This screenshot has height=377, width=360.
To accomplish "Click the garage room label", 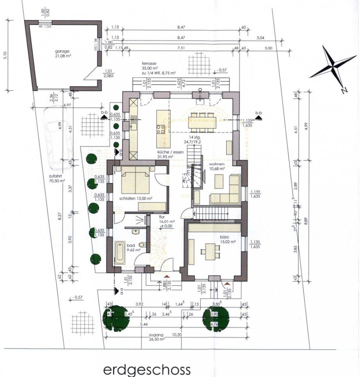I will [62, 53].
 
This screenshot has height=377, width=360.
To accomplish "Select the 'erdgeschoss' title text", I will [147, 370].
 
